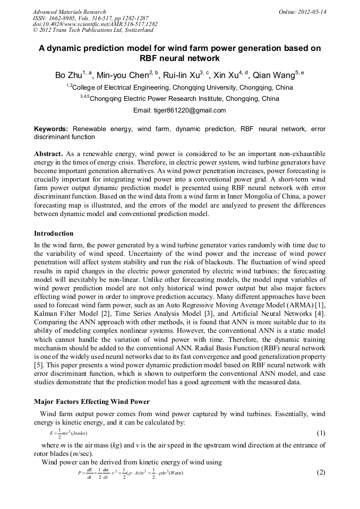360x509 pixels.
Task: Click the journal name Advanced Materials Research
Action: click(x=69, y=11)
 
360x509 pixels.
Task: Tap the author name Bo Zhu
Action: click(x=68, y=75)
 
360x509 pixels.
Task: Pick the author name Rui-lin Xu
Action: click(x=181, y=75)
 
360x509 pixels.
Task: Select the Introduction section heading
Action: click(x=54, y=234)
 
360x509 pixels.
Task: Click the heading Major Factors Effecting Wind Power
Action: click(x=91, y=401)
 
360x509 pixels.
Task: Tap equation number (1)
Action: click(x=321, y=433)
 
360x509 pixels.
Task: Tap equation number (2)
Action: click(x=321, y=472)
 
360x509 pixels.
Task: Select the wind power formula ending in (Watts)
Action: click(x=130, y=473)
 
